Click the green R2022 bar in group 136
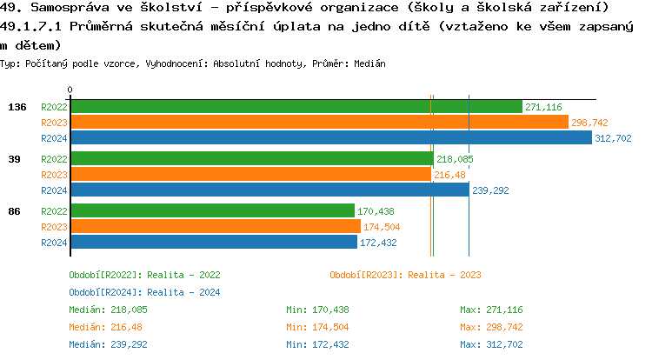pos(296,107)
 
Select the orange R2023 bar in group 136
pos(319,123)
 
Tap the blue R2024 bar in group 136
pos(330,137)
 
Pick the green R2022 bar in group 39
pos(251,159)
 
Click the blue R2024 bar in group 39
pos(269,190)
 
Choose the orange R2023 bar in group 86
pos(215,226)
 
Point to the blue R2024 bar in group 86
pos(214,242)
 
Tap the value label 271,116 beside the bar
pos(543,107)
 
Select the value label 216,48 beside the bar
pos(450,175)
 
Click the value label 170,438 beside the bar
pos(376,211)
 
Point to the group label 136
pos(17,107)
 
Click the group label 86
pos(14,211)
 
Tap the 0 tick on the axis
pos(70,90)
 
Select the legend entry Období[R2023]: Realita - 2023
pos(405,275)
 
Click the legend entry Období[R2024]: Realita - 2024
pos(144,292)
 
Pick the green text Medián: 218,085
pos(108,310)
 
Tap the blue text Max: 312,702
pos(491,344)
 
